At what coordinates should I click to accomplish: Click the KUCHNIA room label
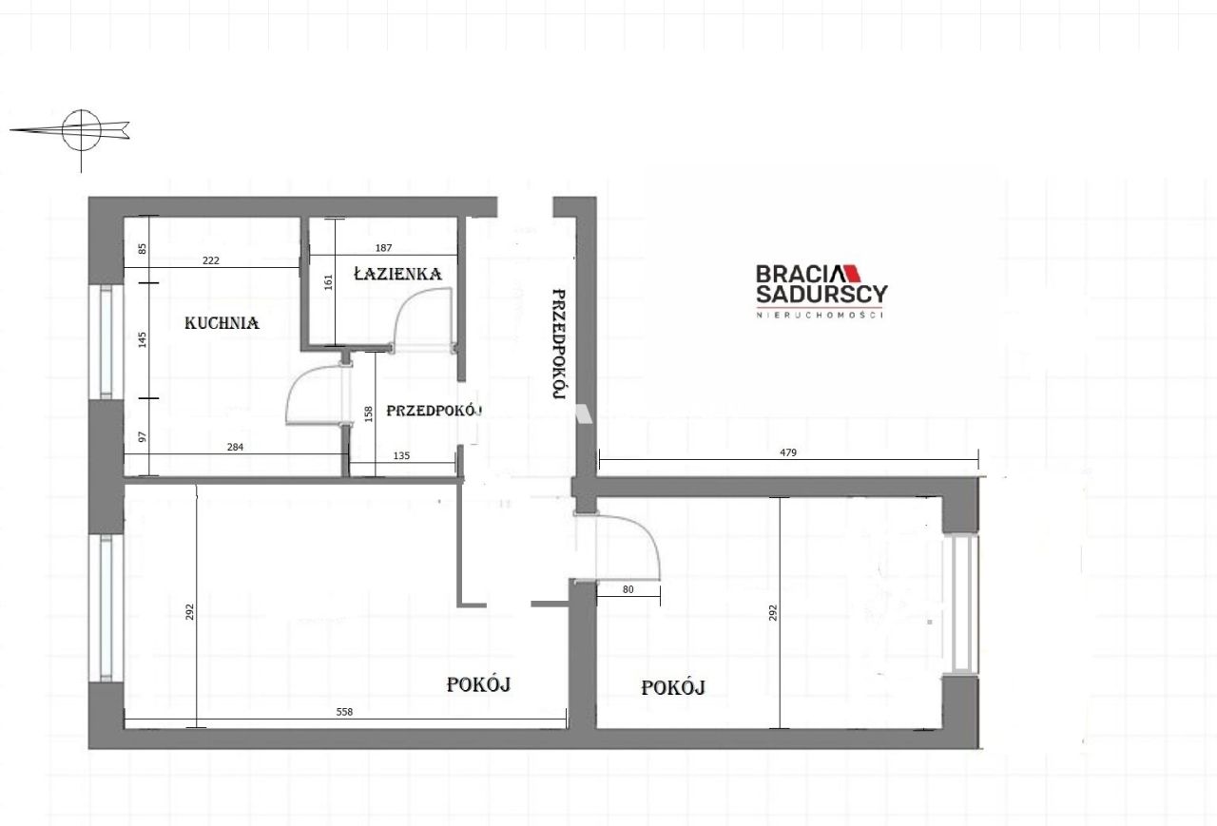click(x=222, y=323)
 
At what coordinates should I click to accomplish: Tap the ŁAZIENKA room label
click(x=397, y=274)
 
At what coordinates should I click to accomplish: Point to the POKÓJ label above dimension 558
click(x=479, y=684)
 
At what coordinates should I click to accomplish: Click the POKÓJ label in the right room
click(x=673, y=688)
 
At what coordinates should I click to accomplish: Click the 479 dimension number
click(x=787, y=452)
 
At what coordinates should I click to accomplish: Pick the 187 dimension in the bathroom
click(x=384, y=248)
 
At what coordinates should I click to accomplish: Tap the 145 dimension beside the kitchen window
click(x=142, y=339)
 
